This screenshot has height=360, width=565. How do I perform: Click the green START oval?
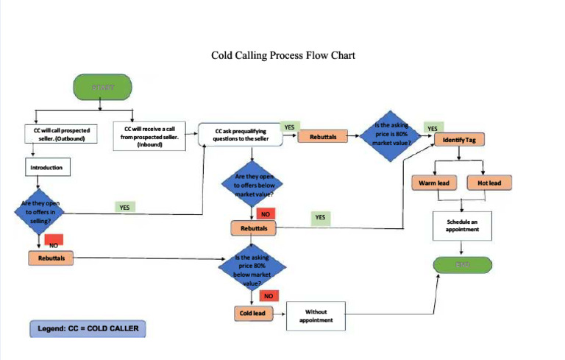click(x=103, y=88)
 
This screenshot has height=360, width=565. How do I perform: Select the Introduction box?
click(x=46, y=168)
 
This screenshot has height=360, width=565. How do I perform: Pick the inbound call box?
click(x=149, y=137)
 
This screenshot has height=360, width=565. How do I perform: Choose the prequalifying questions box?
click(x=240, y=134)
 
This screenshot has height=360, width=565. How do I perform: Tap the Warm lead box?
click(x=433, y=183)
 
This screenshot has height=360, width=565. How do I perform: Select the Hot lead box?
click(x=488, y=183)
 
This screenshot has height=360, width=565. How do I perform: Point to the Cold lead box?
click(x=252, y=314)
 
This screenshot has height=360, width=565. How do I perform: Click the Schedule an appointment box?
click(x=462, y=225)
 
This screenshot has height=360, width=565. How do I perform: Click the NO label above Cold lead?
click(x=269, y=295)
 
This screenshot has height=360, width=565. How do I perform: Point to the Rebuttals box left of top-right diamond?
click(x=323, y=137)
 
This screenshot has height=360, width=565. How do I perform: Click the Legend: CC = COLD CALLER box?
click(x=88, y=328)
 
